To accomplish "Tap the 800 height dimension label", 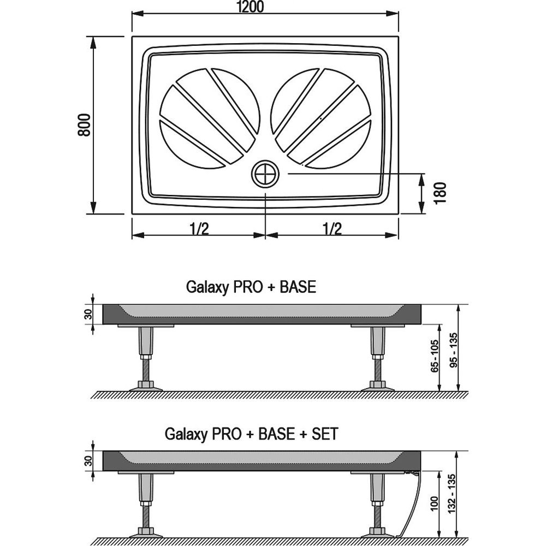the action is click(x=84, y=124).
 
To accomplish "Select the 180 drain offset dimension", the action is click(x=440, y=193).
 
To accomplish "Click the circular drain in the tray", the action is click(x=265, y=174).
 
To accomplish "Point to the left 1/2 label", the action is click(x=199, y=229).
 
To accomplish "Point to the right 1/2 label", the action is click(x=332, y=229).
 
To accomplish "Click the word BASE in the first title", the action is click(x=298, y=287).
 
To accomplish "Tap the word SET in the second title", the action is click(x=324, y=434).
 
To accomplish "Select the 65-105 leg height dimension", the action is click(x=435, y=356).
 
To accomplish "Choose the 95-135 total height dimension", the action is click(x=454, y=351).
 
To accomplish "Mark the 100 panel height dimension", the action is click(x=434, y=504).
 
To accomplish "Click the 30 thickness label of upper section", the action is click(x=89, y=314).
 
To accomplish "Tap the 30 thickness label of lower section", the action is click(x=89, y=461).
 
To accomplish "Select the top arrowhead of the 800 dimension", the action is click(x=93, y=42).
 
